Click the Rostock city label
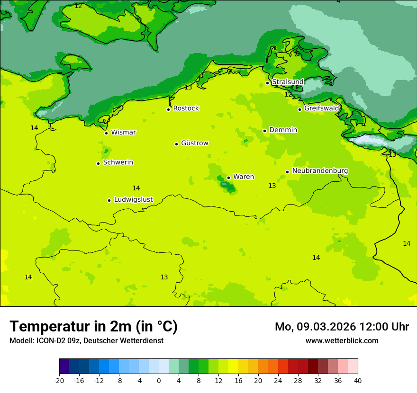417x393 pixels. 186,108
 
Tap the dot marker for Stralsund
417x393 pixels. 267,83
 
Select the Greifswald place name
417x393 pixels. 321,108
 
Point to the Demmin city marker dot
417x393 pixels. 264,131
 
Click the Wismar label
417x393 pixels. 123,132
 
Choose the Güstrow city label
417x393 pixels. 194,143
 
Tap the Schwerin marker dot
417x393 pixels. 98,163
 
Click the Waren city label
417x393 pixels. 243,177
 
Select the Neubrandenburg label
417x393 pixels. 320,171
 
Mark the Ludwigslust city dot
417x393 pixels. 109,200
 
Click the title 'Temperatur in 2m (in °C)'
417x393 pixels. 93,326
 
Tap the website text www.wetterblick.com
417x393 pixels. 342,340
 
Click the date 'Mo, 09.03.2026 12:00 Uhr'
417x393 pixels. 342,327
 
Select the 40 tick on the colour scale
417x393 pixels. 357,380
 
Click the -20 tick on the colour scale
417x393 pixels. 59,380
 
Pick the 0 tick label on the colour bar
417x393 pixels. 159,380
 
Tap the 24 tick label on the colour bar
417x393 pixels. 278,380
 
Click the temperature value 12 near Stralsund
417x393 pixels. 288,94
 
